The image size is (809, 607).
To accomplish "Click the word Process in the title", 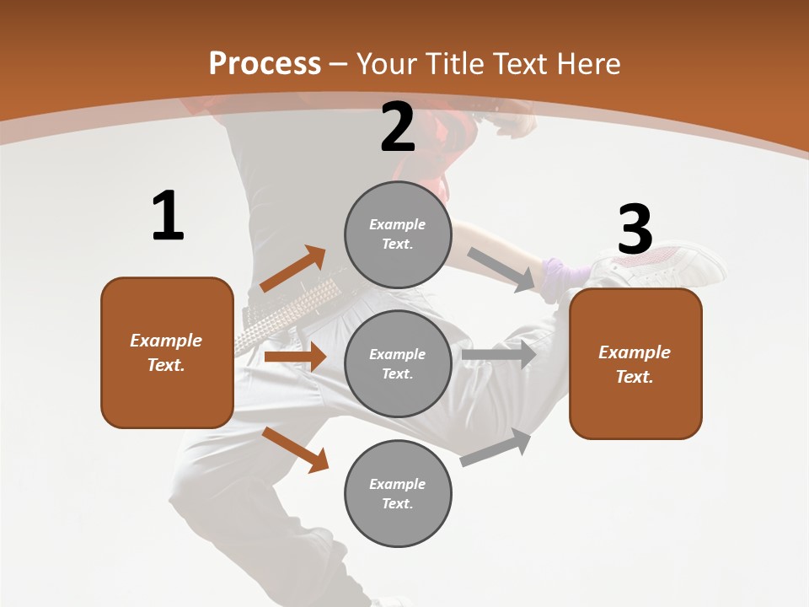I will [265, 63].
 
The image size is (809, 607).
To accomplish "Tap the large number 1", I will [168, 217].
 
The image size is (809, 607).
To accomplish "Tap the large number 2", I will [398, 127].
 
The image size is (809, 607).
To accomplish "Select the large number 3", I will [635, 229].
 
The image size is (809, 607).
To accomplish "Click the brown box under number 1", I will [167, 352].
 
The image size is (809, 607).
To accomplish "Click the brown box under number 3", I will [635, 363].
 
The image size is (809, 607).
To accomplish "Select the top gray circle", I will [398, 234].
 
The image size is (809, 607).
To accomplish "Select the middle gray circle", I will [398, 363].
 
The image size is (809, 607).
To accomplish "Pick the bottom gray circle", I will [398, 493].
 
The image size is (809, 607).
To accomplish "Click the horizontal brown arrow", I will [295, 357].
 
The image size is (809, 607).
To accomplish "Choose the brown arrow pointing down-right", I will [296, 449].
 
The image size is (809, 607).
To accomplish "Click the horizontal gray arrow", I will [499, 355].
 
